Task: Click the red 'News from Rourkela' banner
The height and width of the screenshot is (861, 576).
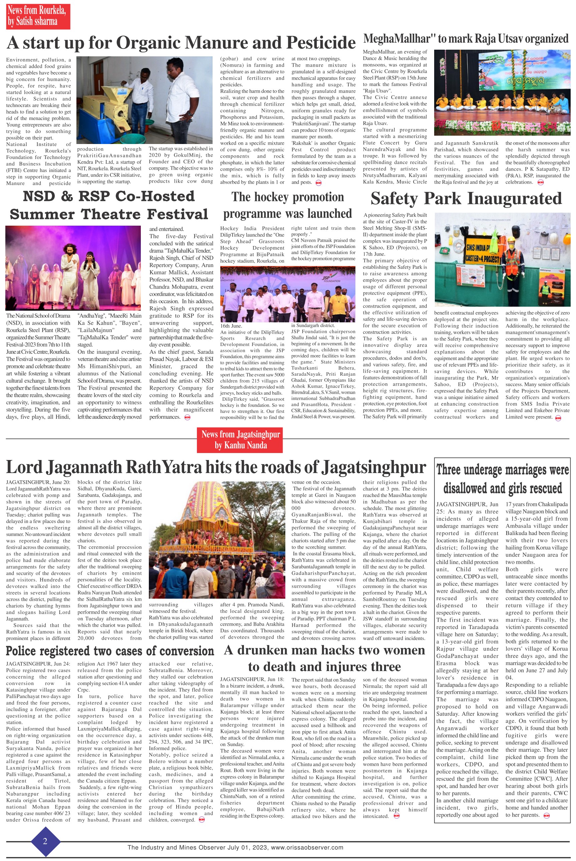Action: click(37, 17)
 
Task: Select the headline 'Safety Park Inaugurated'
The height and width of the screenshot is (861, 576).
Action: click(466, 199)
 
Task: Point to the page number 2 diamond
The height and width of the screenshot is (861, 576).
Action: click(45, 841)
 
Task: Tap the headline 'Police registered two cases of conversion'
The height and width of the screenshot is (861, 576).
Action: click(110, 651)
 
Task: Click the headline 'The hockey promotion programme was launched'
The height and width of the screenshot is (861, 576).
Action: click(287, 205)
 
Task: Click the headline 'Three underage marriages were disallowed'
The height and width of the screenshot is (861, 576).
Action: click(502, 478)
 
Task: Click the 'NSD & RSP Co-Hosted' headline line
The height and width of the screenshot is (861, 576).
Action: click(109, 196)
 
